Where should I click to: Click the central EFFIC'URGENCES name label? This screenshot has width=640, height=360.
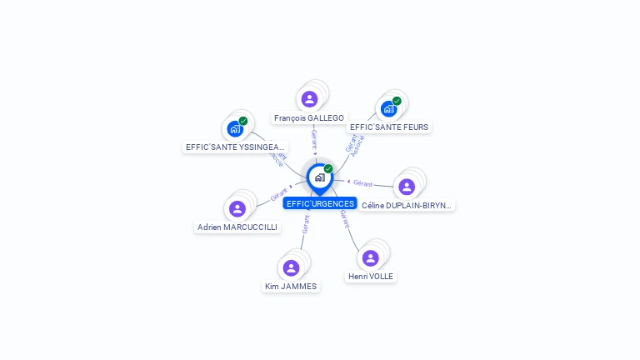point(320,203)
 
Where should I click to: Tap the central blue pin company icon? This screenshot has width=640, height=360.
point(319,177)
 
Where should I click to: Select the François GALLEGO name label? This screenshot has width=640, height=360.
point(309,118)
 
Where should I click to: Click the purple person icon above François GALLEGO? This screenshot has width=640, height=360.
point(309,99)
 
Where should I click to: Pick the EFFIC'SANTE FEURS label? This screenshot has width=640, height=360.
point(389,127)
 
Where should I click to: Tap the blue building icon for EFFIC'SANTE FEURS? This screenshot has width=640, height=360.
point(388,109)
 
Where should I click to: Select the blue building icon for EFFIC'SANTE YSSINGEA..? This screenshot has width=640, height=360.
point(235,129)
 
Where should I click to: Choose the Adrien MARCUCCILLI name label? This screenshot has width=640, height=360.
point(237,227)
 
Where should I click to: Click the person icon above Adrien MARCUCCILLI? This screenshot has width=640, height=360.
point(237,208)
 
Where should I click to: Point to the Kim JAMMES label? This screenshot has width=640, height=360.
point(291,286)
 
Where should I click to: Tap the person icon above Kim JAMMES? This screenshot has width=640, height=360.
point(291,267)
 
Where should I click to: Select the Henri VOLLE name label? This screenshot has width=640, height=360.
point(371,276)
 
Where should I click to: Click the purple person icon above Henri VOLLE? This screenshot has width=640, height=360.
point(370,258)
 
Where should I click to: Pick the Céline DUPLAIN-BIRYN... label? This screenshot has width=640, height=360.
point(407,205)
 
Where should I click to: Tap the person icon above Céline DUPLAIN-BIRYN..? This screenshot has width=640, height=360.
point(407,187)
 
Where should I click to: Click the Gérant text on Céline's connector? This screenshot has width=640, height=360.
point(362,182)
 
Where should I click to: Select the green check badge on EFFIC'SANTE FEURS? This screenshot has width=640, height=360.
point(397,101)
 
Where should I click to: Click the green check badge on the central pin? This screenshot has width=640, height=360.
point(328,169)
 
